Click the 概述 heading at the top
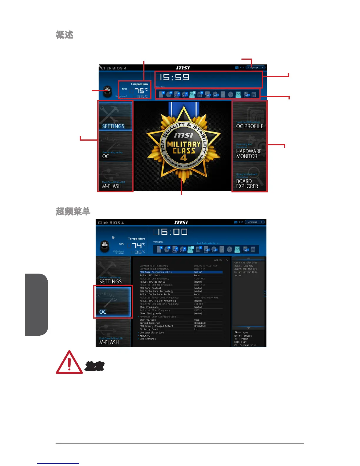(x=64, y=35)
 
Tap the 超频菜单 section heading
(x=73, y=211)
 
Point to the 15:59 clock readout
(x=174, y=77)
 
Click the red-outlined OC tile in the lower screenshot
(x=113, y=302)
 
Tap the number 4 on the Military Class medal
(x=184, y=158)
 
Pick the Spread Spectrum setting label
(x=150, y=323)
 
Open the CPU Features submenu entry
(x=148, y=339)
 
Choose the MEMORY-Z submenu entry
(x=145, y=336)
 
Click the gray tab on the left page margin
(x=36, y=304)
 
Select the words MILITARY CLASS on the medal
(x=184, y=147)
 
